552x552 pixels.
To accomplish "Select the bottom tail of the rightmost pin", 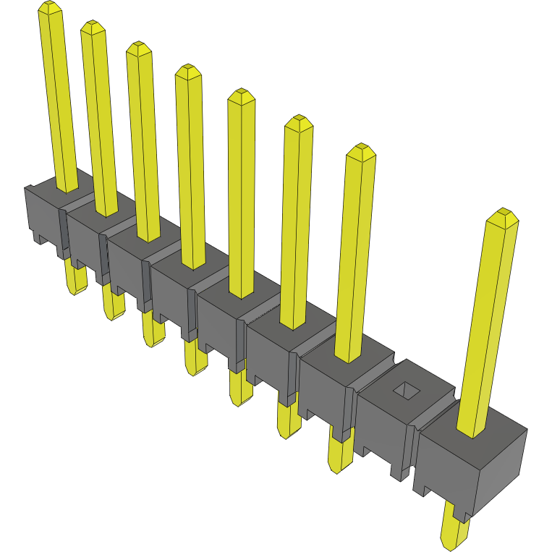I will tap(454, 531).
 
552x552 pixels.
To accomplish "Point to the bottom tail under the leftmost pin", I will tap(75, 279).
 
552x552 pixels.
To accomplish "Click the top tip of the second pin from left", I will tap(93, 28).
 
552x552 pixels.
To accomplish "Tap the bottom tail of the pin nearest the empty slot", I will tap(339, 452).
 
